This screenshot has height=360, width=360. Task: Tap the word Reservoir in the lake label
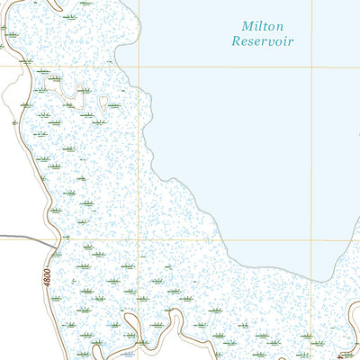click(262, 41)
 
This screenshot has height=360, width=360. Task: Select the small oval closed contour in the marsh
click(84, 90)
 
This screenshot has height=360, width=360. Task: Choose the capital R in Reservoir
click(236, 41)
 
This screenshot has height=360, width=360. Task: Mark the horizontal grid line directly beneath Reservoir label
click(262, 66)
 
